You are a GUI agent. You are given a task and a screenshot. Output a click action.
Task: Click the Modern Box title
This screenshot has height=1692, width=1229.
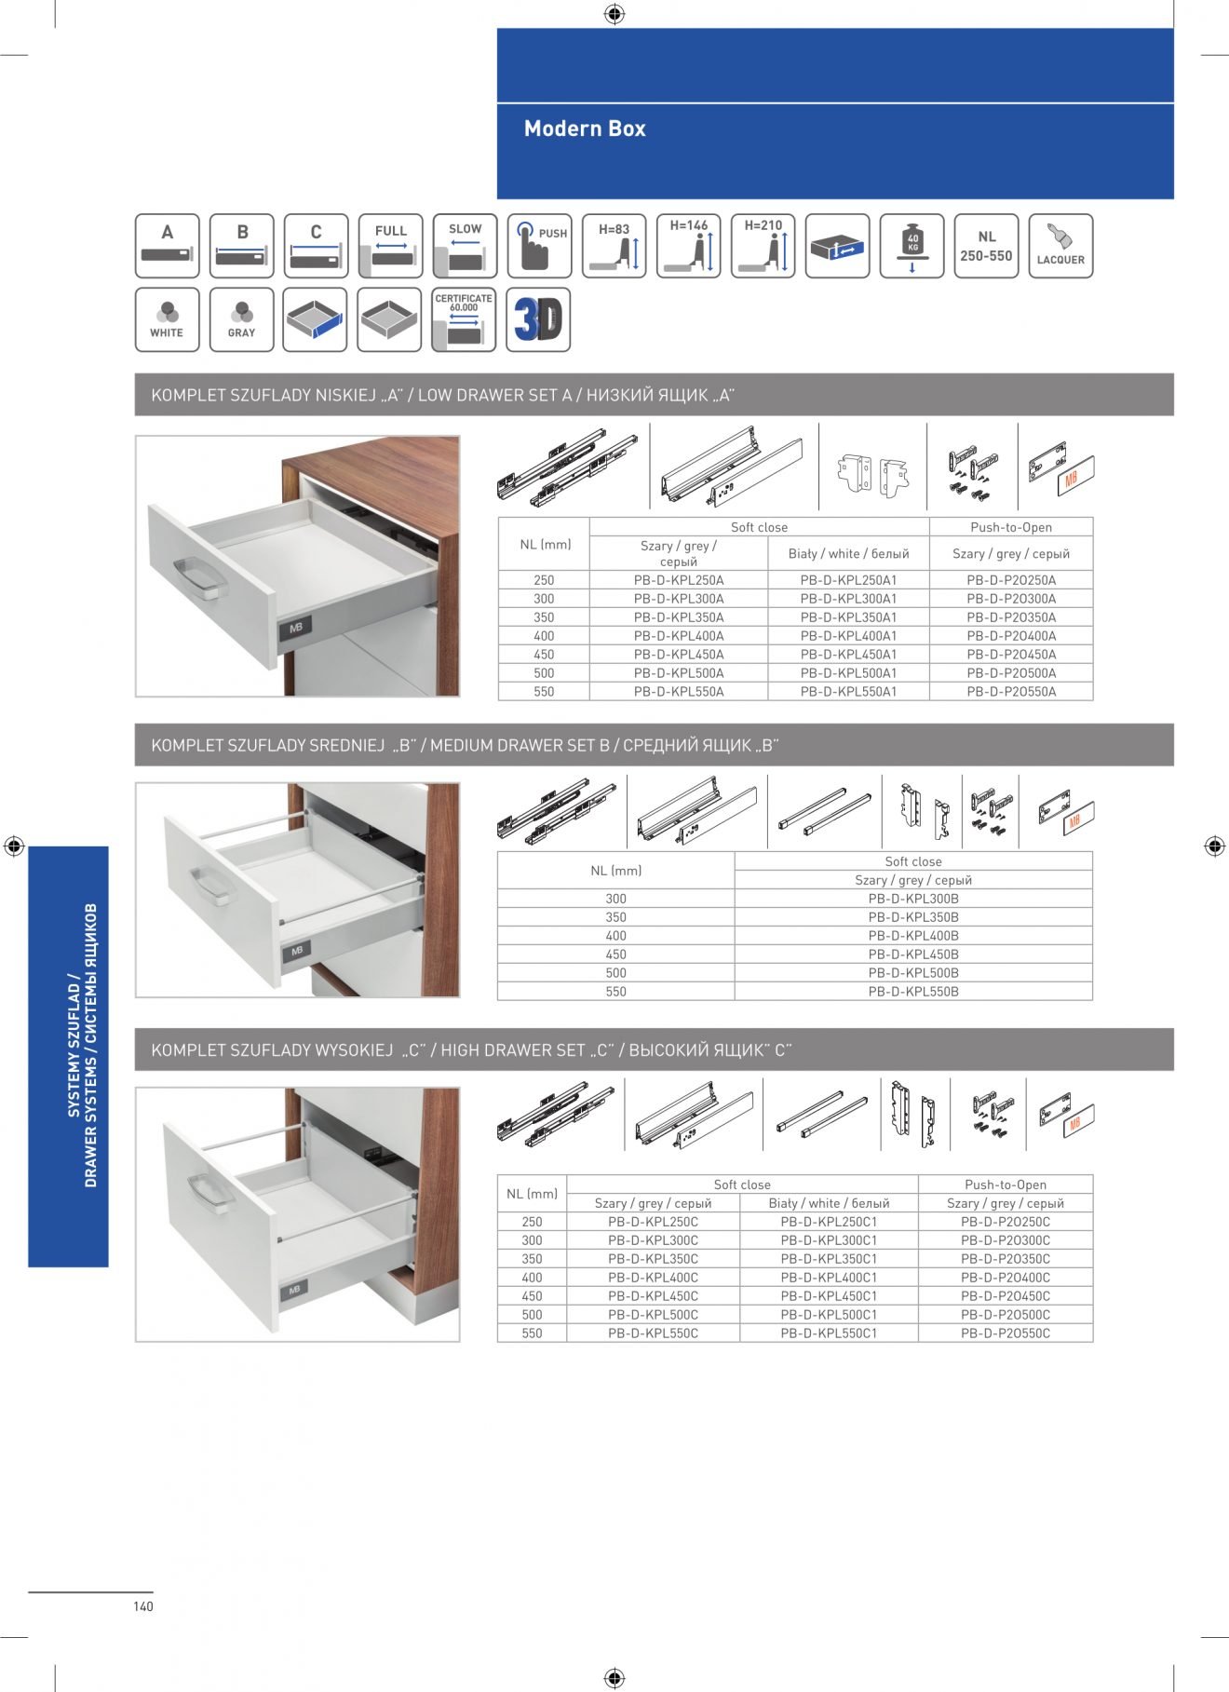[585, 129]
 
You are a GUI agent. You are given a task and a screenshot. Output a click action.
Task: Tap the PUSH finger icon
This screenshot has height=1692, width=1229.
[539, 246]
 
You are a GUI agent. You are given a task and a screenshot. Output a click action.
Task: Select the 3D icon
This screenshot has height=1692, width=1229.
[538, 320]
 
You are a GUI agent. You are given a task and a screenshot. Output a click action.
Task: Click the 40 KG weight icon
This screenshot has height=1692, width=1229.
[912, 246]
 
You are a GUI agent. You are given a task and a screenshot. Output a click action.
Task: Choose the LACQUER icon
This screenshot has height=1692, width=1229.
[1060, 246]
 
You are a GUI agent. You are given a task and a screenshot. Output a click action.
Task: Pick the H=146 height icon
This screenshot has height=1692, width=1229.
[689, 246]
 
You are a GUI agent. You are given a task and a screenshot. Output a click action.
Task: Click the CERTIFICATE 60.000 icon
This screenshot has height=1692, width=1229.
[464, 320]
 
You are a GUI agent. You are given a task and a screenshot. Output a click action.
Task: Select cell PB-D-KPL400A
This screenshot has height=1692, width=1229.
[679, 636]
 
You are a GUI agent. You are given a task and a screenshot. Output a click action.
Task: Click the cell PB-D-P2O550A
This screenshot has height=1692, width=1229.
[1011, 692]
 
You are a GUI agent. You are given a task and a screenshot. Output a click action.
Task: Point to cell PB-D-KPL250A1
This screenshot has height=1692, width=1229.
[848, 580]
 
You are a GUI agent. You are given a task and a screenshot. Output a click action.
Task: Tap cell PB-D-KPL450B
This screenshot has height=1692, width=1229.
[912, 954]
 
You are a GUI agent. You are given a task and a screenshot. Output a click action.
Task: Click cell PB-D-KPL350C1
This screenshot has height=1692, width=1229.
[829, 1259]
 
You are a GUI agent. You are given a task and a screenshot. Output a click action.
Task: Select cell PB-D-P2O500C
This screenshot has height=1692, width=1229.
[1005, 1315]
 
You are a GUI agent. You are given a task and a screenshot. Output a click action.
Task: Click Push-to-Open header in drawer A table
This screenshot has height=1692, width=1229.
[1011, 527]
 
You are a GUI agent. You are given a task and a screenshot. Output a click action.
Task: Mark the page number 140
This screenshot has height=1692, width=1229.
[143, 1606]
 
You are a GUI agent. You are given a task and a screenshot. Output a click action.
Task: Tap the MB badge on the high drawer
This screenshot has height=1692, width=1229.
[294, 1290]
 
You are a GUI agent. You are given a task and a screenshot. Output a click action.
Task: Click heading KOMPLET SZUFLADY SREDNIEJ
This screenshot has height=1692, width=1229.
[268, 746]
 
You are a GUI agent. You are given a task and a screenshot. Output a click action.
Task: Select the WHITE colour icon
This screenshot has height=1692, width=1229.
[168, 320]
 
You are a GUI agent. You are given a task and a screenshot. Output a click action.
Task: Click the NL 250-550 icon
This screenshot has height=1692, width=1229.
[986, 246]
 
